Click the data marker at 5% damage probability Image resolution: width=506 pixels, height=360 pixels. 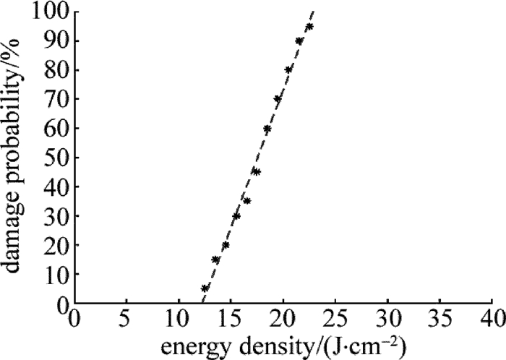[205, 288]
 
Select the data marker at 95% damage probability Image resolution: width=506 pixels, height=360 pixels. [309, 27]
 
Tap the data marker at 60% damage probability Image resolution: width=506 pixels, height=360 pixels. [267, 129]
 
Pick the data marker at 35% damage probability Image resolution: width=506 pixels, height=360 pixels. [246, 200]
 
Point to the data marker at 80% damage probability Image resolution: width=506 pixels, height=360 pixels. [288, 69]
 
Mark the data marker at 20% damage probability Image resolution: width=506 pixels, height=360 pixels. [226, 245]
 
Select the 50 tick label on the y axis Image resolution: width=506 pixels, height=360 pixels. [53, 158]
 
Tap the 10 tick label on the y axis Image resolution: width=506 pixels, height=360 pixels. [53, 274]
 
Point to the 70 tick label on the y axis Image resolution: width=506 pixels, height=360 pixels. [53, 99]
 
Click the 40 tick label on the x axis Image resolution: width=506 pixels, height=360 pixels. [492, 317]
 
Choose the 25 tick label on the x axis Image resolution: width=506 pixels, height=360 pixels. [335, 317]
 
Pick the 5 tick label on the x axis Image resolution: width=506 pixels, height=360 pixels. [126, 317]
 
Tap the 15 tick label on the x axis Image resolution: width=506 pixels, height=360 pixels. [231, 317]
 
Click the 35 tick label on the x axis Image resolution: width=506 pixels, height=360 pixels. [439, 317]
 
